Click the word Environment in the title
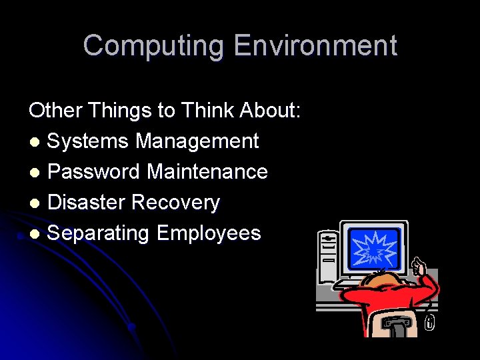[x=315, y=46]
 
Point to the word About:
[x=273, y=110]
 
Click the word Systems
[x=89, y=141]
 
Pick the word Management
[x=197, y=141]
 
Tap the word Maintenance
[x=207, y=172]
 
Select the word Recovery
[x=176, y=203]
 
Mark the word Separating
[x=99, y=233]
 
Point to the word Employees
[x=209, y=233]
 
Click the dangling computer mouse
[x=430, y=323]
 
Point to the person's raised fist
[x=418, y=267]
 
